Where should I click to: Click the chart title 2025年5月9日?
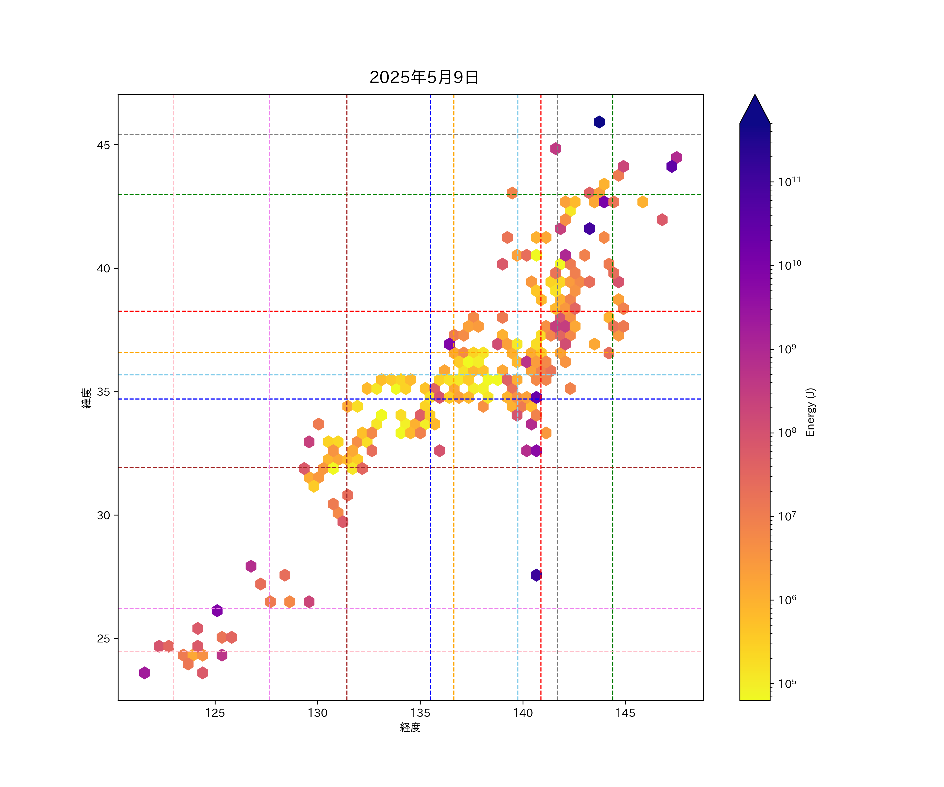[424, 77]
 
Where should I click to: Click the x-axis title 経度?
[410, 727]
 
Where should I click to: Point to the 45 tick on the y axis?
[103, 145]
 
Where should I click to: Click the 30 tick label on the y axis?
[103, 515]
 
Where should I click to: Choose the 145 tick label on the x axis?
[625, 713]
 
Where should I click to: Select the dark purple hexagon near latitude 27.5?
[536, 575]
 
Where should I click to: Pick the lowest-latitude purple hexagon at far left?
[144, 673]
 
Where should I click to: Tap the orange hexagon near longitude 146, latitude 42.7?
[642, 202]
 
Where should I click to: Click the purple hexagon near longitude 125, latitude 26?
[217, 611]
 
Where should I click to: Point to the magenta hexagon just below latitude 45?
[556, 148]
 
